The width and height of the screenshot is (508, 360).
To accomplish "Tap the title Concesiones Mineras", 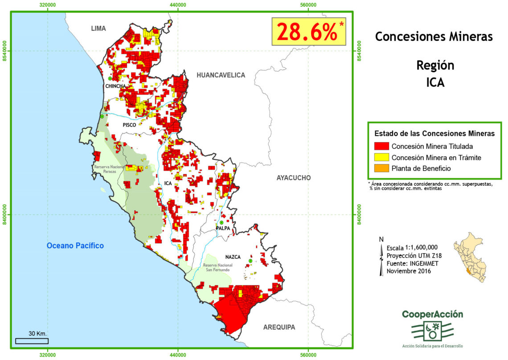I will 434,37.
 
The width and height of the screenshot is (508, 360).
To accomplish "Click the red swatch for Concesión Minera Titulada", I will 381,146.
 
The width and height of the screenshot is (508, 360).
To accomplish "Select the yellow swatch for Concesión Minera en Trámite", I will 381,157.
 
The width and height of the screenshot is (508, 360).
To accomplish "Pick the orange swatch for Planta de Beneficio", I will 381,168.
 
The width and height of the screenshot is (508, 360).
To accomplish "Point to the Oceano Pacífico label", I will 75,245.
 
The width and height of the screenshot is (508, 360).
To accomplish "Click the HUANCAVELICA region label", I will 221,75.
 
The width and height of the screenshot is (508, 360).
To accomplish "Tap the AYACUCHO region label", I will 294,178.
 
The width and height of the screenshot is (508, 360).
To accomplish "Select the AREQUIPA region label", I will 279,327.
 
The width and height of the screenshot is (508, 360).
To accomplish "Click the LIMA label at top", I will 98,29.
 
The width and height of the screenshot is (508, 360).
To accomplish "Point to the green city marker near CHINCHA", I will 110,78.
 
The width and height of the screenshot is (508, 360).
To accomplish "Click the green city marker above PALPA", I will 221,222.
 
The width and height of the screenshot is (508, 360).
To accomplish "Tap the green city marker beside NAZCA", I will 250,261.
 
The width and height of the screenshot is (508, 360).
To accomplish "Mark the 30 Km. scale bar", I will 32,341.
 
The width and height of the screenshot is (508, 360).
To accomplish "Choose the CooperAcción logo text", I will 432,315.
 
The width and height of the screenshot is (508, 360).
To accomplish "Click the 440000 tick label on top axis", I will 178,5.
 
